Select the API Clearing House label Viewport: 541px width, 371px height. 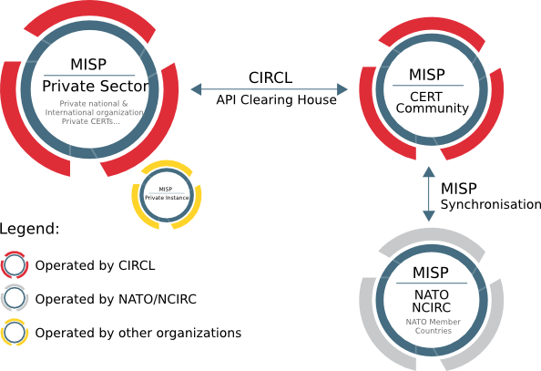point(276,100)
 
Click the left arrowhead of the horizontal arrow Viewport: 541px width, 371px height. point(198,89)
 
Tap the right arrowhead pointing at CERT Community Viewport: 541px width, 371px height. point(343,89)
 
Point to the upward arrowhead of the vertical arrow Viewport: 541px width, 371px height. point(428,172)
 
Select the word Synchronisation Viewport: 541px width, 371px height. point(491,205)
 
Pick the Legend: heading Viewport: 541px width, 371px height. point(30,229)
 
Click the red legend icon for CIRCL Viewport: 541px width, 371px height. point(15,266)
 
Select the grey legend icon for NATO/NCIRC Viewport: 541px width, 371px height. point(15,299)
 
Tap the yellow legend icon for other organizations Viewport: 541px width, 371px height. point(15,333)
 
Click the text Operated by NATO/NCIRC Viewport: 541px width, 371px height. point(117,299)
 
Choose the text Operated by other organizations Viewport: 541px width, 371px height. point(138,333)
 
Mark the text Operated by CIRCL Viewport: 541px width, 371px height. point(96,266)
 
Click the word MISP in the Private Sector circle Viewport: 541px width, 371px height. point(88,64)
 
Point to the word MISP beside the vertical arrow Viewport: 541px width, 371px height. point(459,189)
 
